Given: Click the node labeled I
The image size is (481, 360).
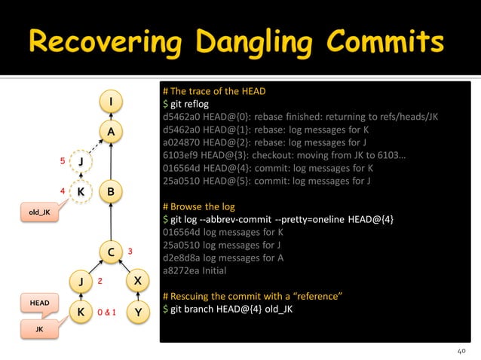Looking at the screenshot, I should coord(111,101).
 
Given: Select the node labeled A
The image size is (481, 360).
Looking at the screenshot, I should coord(111,132).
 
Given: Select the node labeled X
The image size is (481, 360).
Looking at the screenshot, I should coord(136,282).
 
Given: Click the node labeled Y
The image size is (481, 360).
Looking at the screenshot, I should coord(136,311).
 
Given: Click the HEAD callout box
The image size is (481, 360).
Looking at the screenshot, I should coord(40,303).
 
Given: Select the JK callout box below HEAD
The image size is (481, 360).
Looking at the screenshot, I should coord(40,330).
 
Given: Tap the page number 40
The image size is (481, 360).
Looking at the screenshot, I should coord(462,350).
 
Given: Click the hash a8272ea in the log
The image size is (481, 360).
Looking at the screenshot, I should coord(182,270).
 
